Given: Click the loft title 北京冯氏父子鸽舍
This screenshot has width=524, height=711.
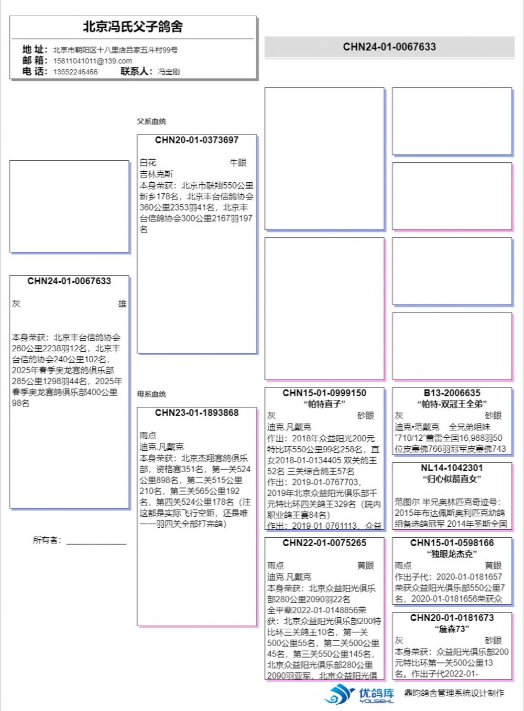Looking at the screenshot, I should coord(133,27).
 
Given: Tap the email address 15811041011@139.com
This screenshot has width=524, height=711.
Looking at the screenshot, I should coord(92,61).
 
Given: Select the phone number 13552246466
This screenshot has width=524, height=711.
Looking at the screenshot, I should coord(75,72).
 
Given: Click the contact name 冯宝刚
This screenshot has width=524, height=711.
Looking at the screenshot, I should coord(169,72).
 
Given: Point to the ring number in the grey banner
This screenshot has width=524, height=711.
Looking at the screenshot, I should coord(389,47).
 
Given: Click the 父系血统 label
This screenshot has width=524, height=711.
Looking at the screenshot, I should coord(151,121).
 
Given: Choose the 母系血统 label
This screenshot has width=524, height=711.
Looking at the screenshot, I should coord(151,394).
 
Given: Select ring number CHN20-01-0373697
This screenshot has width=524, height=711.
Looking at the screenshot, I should coord(196,140).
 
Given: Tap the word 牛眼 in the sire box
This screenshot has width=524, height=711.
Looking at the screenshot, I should coord(238,163).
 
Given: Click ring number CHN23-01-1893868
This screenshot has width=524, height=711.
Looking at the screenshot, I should coord(196,413).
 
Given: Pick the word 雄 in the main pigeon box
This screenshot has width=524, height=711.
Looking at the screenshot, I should coord(122,304).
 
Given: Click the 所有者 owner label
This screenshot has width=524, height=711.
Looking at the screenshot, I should coord(47,540).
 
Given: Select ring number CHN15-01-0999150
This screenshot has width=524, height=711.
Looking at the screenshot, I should coord(324,393).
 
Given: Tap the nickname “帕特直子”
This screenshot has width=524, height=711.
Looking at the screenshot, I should coord(324,404).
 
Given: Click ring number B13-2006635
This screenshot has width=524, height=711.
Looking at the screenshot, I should coord(452,393).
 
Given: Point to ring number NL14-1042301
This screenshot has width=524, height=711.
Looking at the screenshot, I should coord(452,468).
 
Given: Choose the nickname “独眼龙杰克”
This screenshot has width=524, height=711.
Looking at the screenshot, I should coord(452,554).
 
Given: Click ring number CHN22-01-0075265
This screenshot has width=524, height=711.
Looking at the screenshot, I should coord(324,543).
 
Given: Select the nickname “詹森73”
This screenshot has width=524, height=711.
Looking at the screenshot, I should coord(452,629).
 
